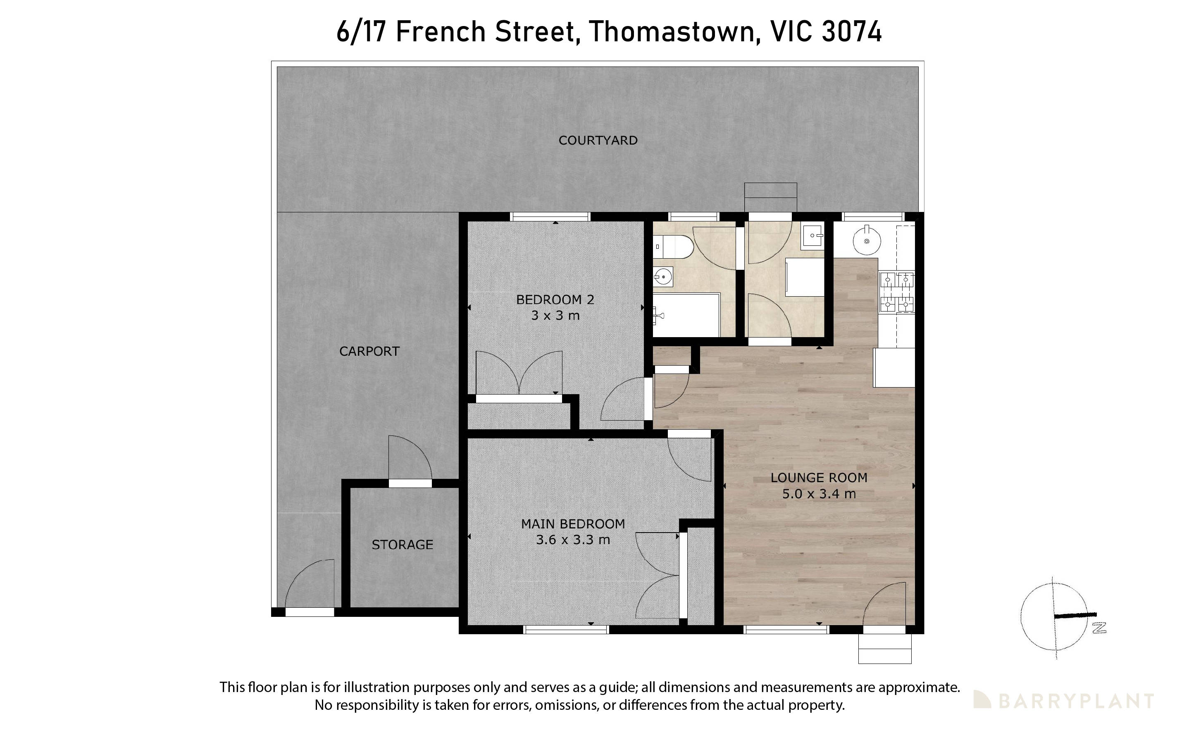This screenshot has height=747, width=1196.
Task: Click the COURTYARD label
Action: coord(598,140)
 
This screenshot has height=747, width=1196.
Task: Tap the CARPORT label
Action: coord(369,351)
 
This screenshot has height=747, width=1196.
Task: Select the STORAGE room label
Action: coord(402,545)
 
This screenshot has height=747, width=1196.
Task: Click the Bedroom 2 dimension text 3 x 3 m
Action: coord(555,316)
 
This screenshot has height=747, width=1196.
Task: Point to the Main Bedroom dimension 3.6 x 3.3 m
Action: coord(573,540)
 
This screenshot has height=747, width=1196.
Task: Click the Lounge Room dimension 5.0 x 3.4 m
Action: coord(819,494)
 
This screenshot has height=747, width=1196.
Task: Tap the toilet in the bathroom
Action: coord(673,247)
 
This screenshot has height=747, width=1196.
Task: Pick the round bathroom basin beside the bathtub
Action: coord(663,277)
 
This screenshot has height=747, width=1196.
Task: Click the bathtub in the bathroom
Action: coord(687,315)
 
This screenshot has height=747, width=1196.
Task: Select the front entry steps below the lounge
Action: coord(884,649)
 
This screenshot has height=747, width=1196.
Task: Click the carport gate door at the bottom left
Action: coord(309,588)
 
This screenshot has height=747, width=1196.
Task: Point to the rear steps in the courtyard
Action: coord(770,197)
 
